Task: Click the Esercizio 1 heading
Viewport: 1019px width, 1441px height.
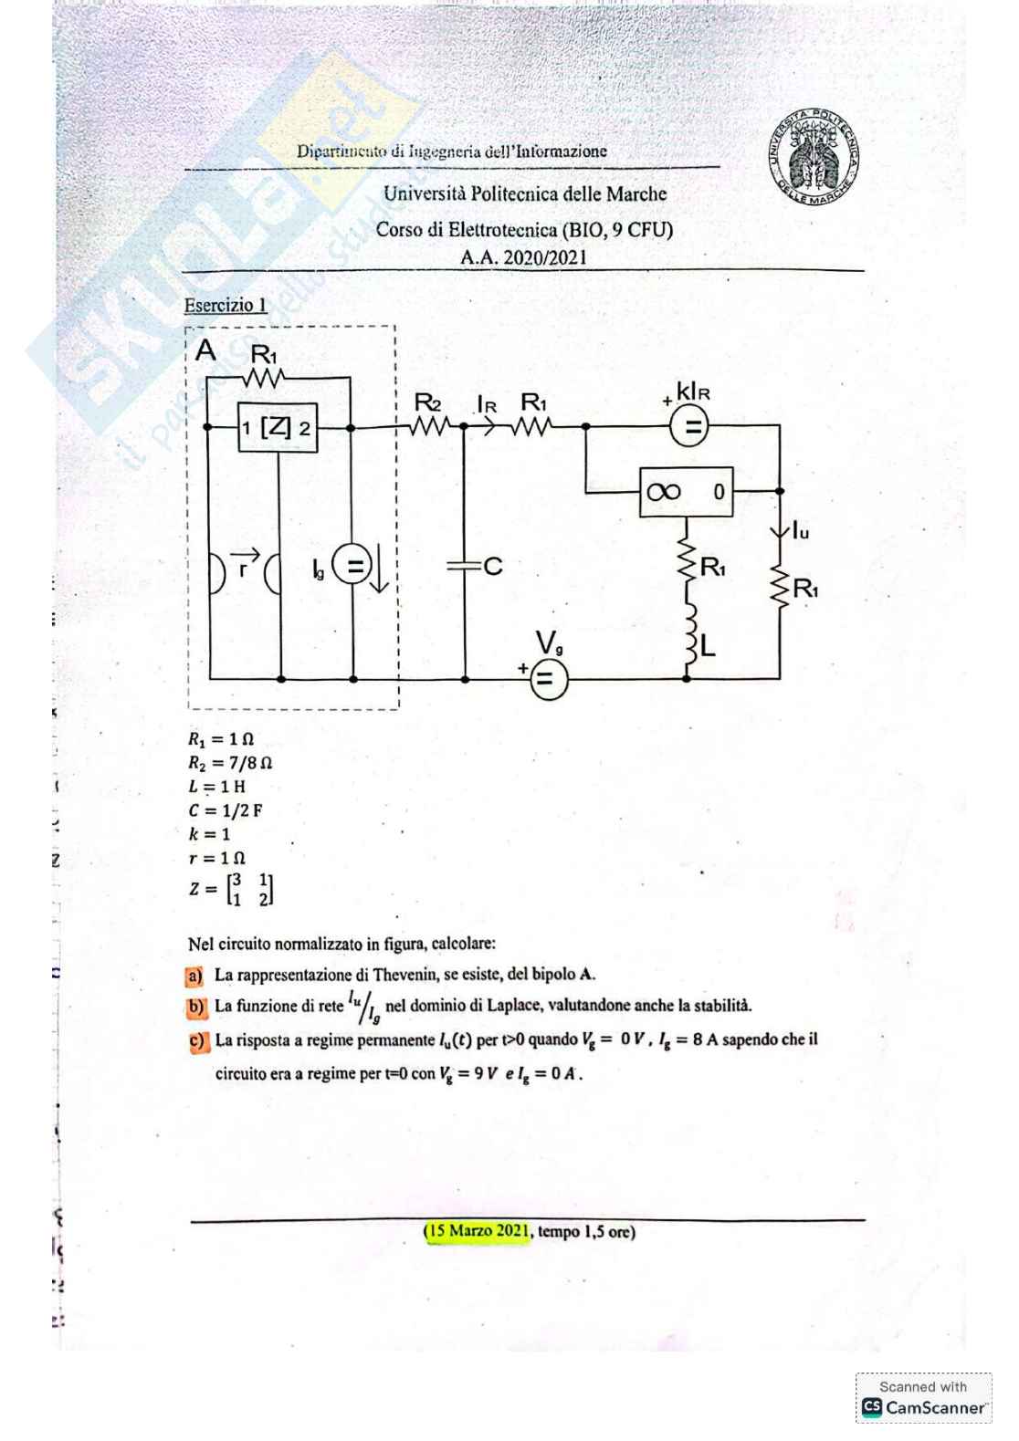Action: [x=226, y=306]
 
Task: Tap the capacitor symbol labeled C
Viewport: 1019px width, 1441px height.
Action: [x=466, y=567]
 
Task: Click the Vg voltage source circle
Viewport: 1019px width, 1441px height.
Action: [x=548, y=679]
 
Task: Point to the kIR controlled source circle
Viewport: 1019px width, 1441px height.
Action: [x=693, y=426]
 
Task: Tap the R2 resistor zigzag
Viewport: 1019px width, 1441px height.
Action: [x=429, y=426]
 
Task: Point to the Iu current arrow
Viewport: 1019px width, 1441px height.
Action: [x=781, y=530]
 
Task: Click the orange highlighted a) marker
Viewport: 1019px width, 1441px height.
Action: [x=194, y=976]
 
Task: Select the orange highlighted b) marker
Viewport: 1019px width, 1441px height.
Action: [x=194, y=1008]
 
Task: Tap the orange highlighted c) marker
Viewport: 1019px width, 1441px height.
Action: [x=196, y=1041]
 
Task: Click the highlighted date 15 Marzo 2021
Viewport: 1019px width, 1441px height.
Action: [x=477, y=1231]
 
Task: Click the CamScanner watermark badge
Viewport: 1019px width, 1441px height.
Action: [x=923, y=1398]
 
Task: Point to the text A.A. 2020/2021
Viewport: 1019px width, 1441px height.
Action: [x=523, y=257]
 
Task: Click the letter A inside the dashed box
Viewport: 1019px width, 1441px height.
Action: [x=206, y=350]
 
